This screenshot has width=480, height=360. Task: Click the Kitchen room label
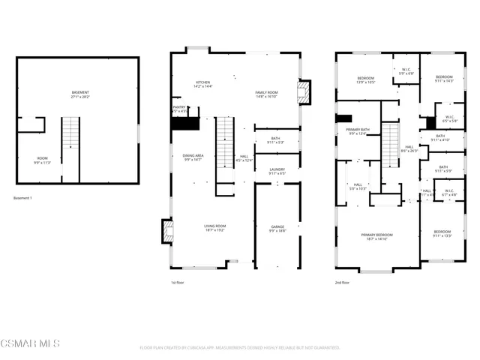[x=202, y=85]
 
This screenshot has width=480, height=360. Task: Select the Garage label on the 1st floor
[x=277, y=228]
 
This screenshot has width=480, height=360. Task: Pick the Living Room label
[x=215, y=228]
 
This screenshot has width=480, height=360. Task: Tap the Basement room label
[x=80, y=94]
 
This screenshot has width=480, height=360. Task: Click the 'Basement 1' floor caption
[x=24, y=199]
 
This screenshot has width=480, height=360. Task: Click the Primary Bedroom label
[x=379, y=237]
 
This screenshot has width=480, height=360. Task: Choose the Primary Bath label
[x=357, y=133]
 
